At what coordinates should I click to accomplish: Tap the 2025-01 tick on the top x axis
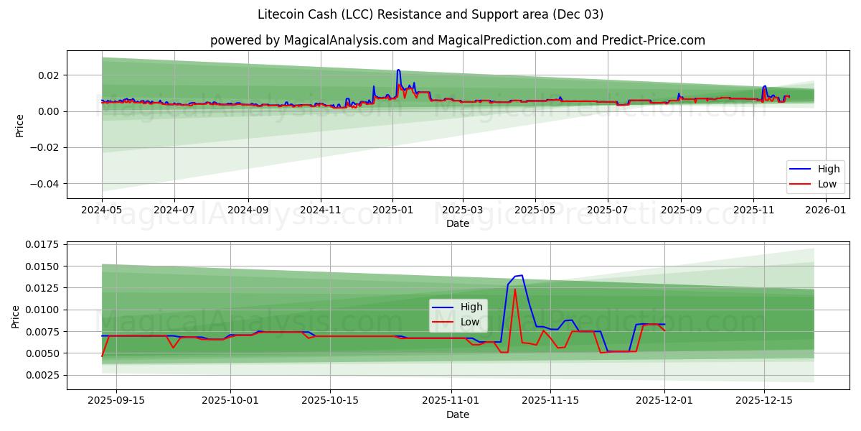click(x=392, y=210)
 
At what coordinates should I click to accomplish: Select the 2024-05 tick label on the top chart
click(x=102, y=210)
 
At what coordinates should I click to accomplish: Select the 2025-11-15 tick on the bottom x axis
click(x=550, y=401)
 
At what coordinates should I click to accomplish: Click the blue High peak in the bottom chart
click(x=522, y=275)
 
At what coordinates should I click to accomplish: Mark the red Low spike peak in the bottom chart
click(x=514, y=289)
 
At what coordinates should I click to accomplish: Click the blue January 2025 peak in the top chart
click(x=398, y=70)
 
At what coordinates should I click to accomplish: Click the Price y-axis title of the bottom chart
click(x=16, y=315)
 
